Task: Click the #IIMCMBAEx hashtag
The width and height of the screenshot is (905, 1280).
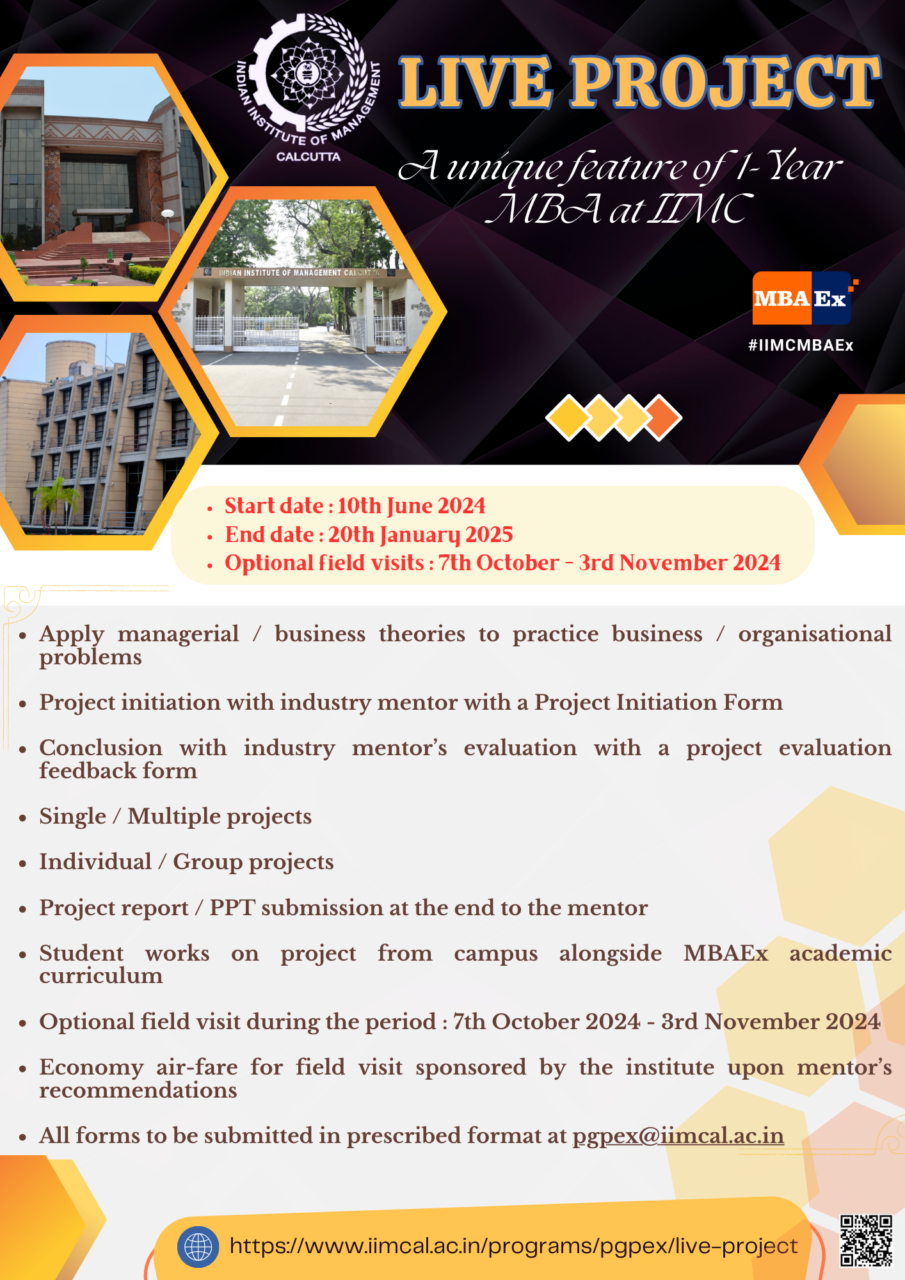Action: (801, 346)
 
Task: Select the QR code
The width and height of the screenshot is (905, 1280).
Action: (866, 1240)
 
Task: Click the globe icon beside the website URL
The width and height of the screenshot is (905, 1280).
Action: (198, 1247)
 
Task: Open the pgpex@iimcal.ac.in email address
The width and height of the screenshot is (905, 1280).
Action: (678, 1136)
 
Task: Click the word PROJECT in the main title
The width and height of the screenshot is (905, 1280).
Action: (726, 83)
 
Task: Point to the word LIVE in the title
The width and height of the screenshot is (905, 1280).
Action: (475, 83)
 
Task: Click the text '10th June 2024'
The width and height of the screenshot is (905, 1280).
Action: (412, 506)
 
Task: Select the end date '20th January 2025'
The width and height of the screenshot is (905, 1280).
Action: (420, 535)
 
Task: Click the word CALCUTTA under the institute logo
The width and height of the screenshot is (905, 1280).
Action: (308, 157)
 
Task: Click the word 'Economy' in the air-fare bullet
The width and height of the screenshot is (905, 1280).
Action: (91, 1068)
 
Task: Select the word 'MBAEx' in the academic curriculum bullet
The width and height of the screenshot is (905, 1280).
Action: (725, 954)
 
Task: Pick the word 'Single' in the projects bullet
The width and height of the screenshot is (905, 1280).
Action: (72, 817)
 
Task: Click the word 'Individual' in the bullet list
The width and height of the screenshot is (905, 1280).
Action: (95, 862)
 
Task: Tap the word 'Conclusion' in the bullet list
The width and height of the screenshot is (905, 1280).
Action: (100, 748)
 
